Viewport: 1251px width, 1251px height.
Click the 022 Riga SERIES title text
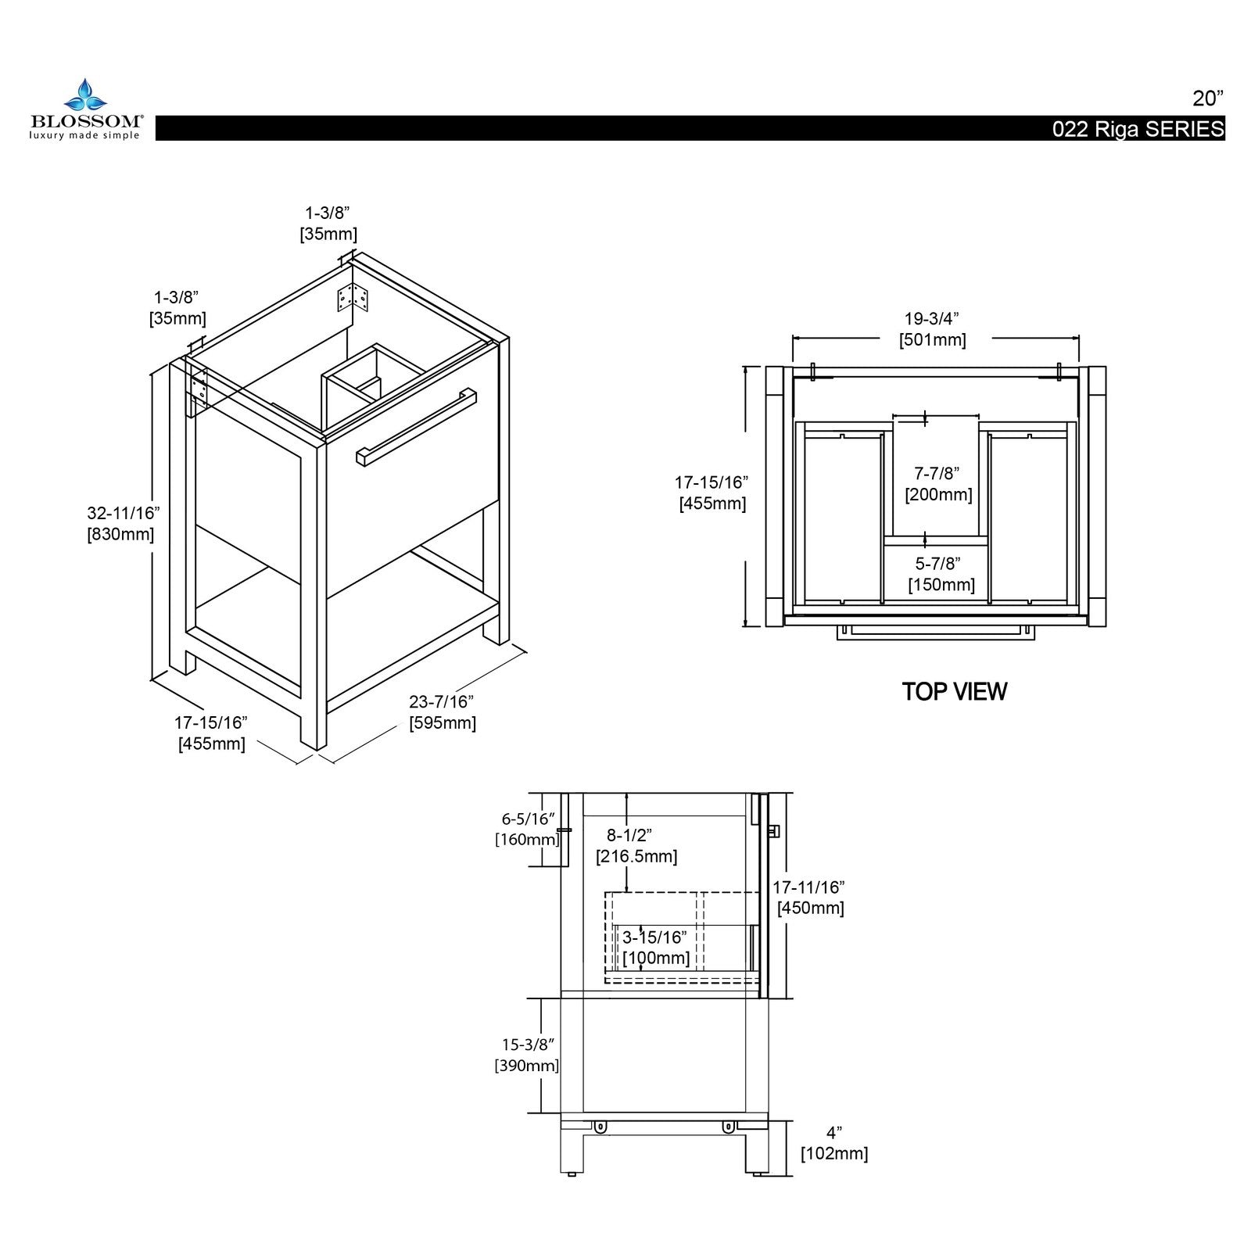pos(1138,130)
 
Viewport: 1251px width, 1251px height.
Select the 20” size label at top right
pos(1207,99)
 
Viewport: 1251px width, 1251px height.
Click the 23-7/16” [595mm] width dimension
pos(442,712)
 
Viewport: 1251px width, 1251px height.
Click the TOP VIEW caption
pos(954,691)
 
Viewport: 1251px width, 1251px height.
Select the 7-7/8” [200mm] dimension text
pos(937,484)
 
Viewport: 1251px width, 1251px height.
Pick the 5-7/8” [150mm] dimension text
pos(940,574)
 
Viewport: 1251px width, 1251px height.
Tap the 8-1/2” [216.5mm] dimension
pos(636,846)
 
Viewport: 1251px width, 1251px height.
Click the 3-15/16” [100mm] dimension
pos(655,947)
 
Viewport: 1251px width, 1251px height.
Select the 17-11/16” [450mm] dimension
pos(809,898)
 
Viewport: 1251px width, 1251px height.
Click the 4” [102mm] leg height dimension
pos(834,1142)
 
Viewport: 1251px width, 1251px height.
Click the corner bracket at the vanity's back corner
pos(351,298)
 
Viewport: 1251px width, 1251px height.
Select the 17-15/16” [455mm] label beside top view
pos(712,493)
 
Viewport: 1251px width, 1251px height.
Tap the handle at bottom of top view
pos(934,633)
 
